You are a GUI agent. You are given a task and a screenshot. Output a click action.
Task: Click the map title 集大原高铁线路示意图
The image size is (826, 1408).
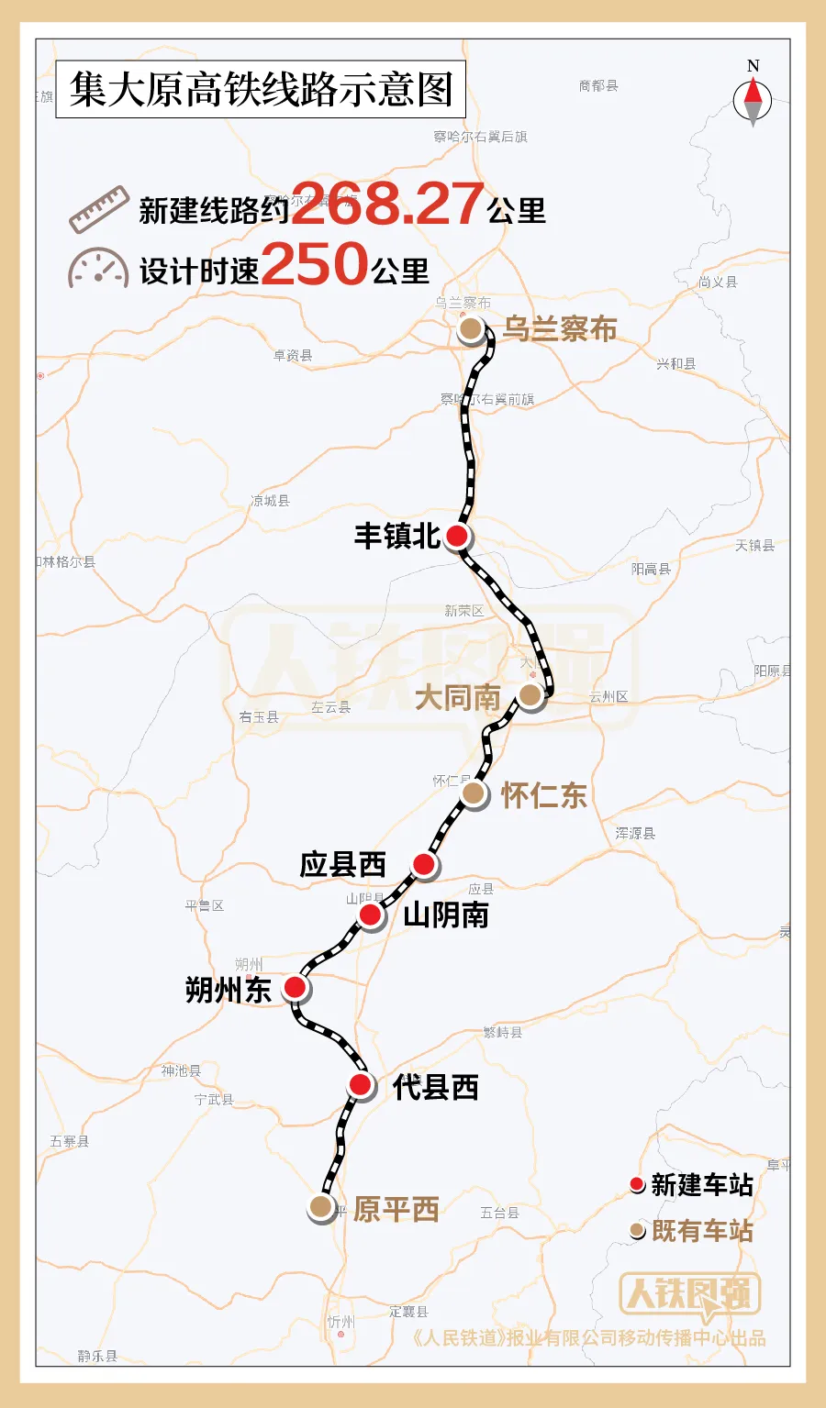[261, 90]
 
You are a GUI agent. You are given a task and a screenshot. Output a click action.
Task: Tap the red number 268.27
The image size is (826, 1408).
[388, 204]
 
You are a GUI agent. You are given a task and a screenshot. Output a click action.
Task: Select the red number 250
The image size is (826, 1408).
[315, 264]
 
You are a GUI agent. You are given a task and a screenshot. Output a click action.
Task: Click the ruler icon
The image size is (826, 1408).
[98, 209]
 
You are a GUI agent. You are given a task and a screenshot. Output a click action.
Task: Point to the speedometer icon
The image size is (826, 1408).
[97, 268]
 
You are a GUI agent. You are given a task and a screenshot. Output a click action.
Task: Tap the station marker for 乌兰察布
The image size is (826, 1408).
[471, 328]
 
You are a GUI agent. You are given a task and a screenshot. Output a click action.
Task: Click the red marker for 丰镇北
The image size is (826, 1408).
[457, 537]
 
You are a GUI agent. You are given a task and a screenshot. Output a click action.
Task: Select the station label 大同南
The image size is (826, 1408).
[457, 697]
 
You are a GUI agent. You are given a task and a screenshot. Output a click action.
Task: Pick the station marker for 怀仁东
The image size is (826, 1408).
[473, 793]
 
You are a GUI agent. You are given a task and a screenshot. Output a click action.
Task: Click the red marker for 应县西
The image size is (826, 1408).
[423, 863]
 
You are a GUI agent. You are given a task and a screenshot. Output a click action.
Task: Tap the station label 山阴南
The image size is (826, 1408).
[446, 915]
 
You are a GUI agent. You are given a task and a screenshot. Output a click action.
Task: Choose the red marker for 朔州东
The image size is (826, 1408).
[295, 987]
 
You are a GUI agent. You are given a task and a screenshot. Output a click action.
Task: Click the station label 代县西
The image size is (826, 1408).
[435, 1087]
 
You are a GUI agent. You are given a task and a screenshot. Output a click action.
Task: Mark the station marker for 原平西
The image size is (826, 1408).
[320, 1206]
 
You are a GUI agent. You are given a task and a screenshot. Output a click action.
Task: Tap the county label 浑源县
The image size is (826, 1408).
[635, 834]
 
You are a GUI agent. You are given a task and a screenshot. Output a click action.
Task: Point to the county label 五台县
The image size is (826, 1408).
[499, 1213]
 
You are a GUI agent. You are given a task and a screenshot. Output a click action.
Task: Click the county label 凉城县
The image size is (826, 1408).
[270, 501]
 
